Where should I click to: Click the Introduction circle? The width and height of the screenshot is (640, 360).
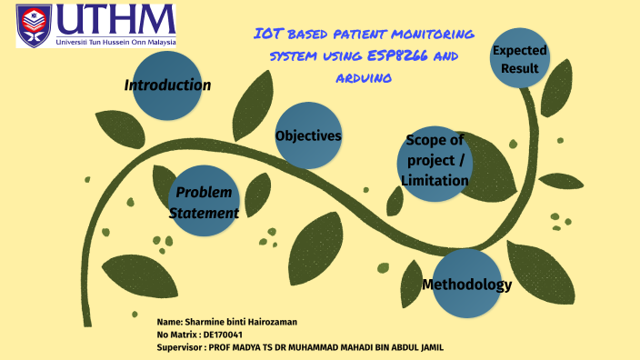pyautogui.click(x=167, y=85)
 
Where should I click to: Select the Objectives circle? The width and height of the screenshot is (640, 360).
pyautogui.click(x=308, y=135)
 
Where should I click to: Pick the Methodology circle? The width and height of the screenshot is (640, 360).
pyautogui.click(x=466, y=284)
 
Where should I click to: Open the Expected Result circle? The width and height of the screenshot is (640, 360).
pyautogui.click(x=520, y=58)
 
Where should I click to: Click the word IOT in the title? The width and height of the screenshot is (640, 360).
pyautogui.click(x=266, y=35)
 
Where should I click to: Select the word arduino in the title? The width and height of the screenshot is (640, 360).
pyautogui.click(x=364, y=79)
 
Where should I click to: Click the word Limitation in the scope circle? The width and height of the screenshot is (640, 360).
pyautogui.click(x=435, y=181)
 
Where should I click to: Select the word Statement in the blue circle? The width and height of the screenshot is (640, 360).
pyautogui.click(x=204, y=213)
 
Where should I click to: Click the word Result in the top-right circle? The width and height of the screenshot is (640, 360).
pyautogui.click(x=520, y=68)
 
